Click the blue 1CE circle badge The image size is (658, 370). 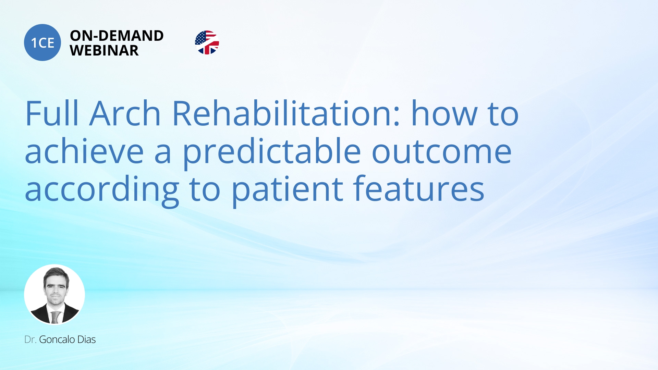pos(42,42)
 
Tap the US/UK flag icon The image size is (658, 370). pos(207,42)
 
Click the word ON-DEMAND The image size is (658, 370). pos(117,36)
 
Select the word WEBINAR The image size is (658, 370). pos(104,51)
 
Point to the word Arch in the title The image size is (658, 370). pos(125,114)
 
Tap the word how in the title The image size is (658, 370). pos(444,114)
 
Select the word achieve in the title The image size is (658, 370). pos(84,151)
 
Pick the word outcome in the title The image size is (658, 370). pos(442,151)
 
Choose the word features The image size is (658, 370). pos(418,189)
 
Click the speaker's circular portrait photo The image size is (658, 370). pos(54,295)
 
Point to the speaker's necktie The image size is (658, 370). pos(55,317)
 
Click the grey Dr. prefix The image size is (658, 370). pos(30,340)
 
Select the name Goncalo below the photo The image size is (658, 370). pos(57,340)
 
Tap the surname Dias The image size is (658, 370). pos(86,340)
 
